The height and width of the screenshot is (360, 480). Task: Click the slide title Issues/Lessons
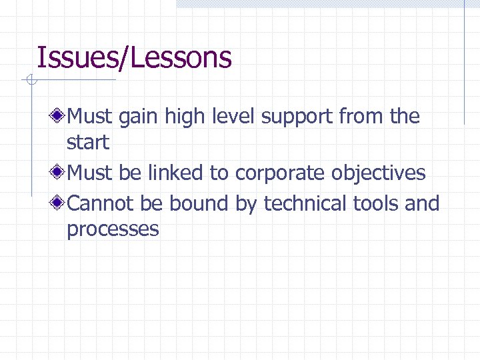(134, 58)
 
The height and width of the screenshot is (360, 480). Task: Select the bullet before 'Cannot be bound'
(59, 203)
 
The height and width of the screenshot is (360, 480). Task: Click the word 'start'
(88, 143)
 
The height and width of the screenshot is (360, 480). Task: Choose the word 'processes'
(113, 230)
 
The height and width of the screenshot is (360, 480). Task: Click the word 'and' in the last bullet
(423, 203)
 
